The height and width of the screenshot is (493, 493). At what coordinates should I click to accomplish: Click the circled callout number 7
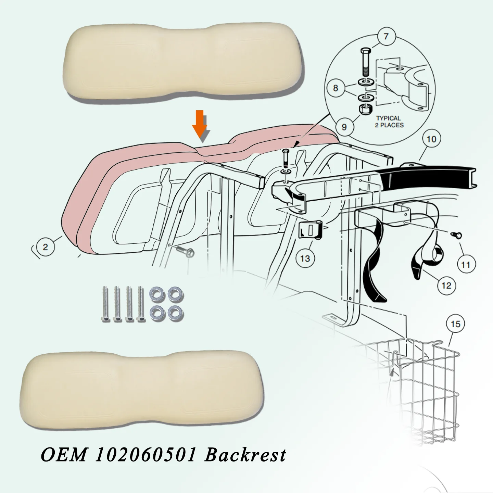[386, 36]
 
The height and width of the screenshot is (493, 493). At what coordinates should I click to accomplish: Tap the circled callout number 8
[336, 88]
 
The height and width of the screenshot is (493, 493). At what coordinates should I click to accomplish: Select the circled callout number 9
[344, 127]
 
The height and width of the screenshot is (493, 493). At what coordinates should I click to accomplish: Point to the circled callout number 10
[431, 139]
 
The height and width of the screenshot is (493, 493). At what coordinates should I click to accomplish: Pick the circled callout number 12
[446, 285]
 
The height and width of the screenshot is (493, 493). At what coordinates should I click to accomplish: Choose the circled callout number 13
[305, 258]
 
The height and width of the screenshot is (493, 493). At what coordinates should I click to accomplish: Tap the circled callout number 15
[455, 324]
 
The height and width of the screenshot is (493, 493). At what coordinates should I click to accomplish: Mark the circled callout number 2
[45, 247]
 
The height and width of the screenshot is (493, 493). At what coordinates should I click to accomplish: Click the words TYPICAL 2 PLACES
[389, 122]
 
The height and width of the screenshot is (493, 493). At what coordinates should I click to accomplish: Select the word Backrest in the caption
[245, 455]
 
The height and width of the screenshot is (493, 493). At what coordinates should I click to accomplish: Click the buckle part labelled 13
[311, 230]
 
